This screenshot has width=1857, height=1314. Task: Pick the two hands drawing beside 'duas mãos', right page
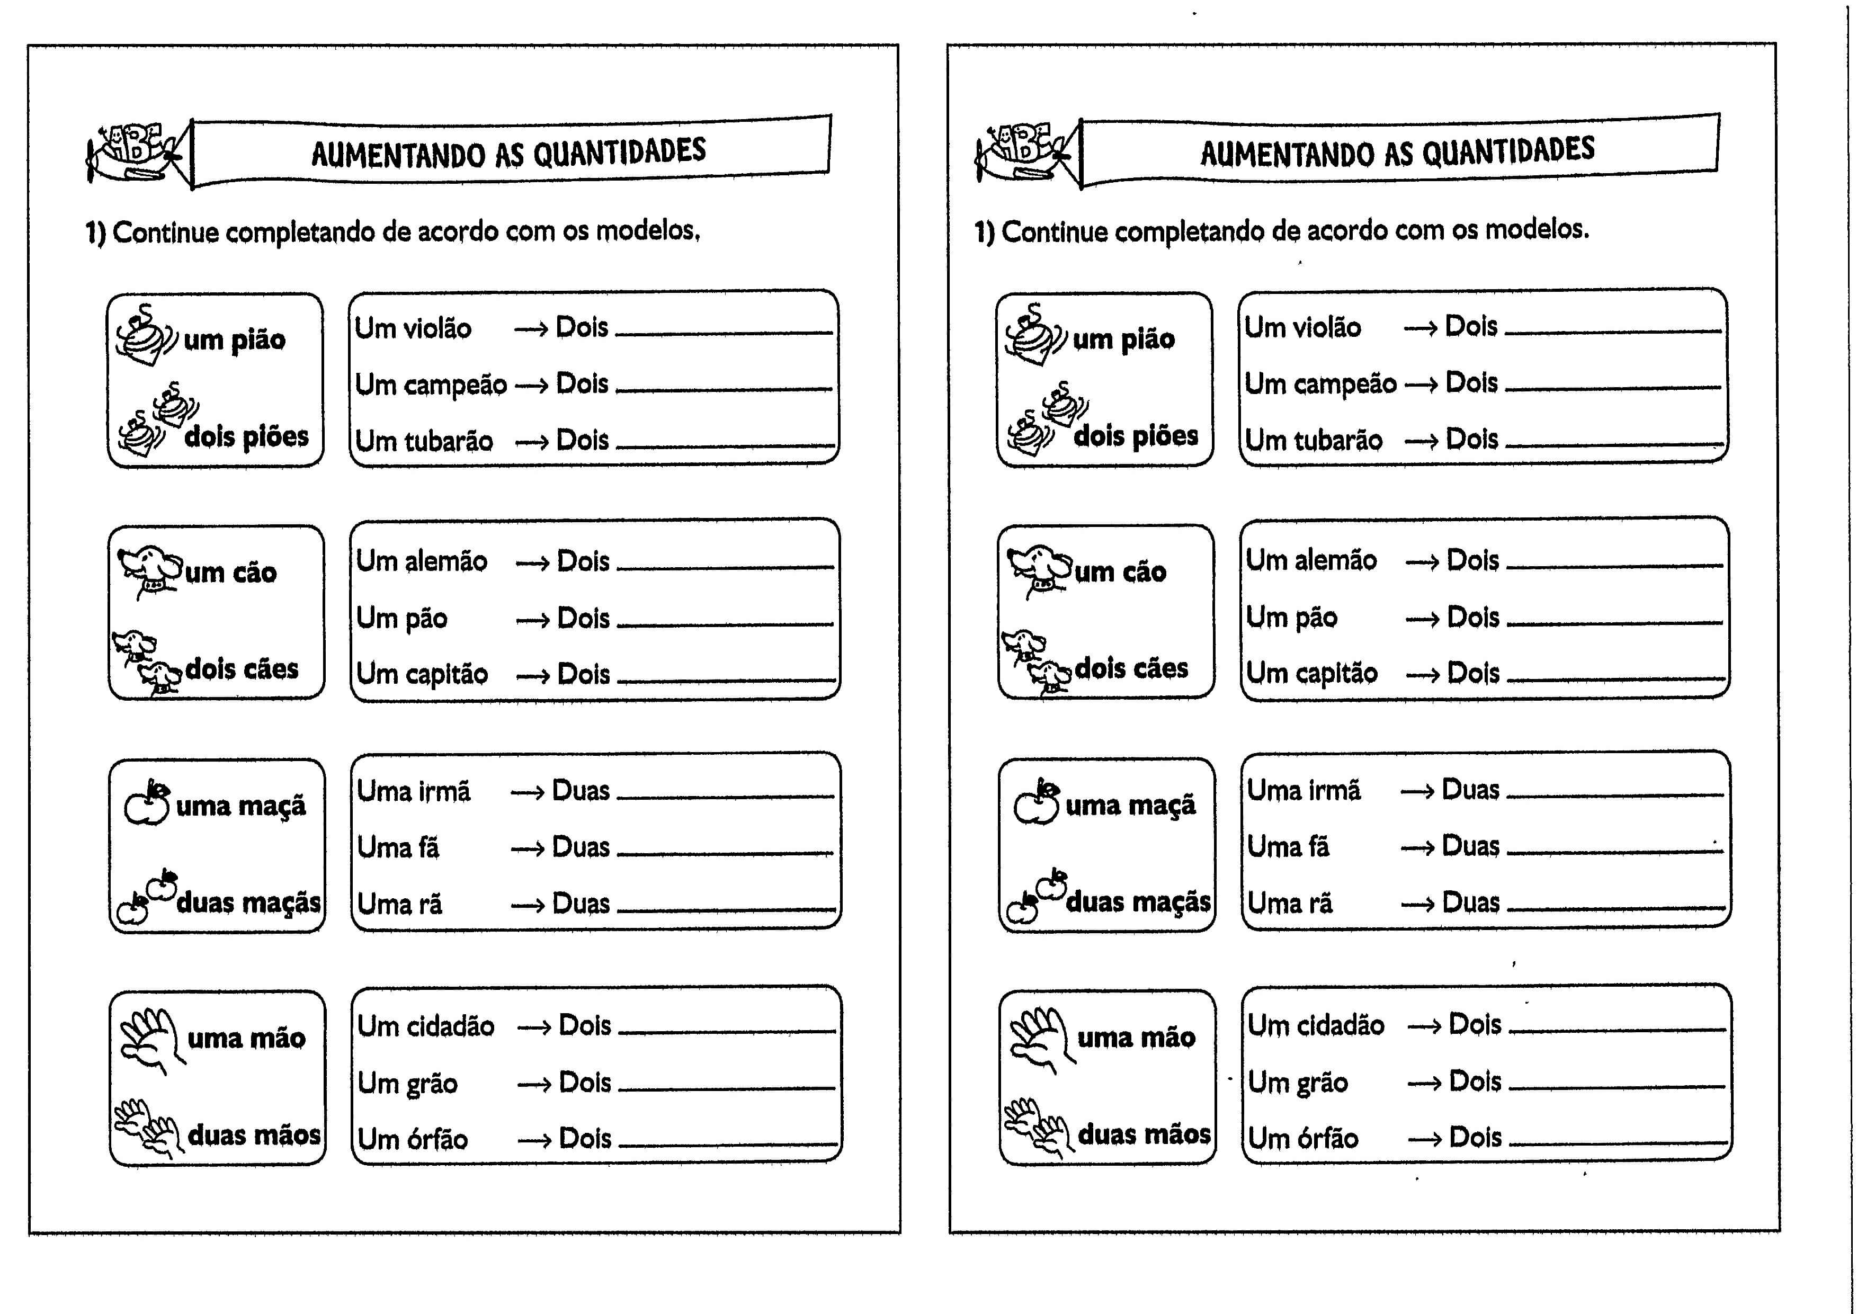[x=1035, y=1125]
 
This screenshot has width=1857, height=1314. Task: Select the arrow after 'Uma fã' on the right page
[x=1417, y=848]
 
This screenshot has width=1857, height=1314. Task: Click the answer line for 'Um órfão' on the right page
[x=1617, y=1142]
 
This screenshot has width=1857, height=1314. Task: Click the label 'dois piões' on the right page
[x=1135, y=436]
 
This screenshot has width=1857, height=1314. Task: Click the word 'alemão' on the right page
[x=1335, y=560]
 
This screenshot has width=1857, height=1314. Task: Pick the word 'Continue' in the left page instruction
[x=165, y=233]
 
